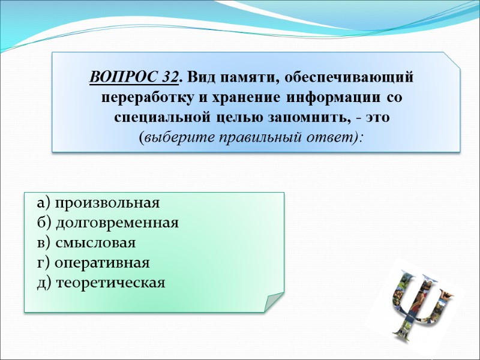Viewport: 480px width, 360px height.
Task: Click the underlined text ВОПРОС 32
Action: click(134, 77)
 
